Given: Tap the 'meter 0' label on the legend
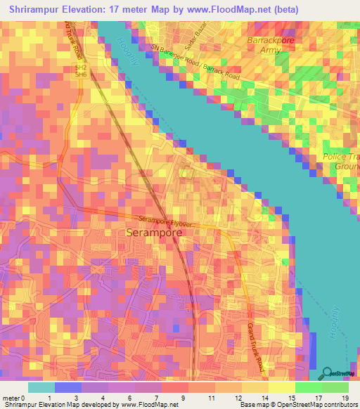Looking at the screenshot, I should coord(15,398).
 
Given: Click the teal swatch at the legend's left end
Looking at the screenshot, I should coord(41,387).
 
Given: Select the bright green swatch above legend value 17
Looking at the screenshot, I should coord(309,387).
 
